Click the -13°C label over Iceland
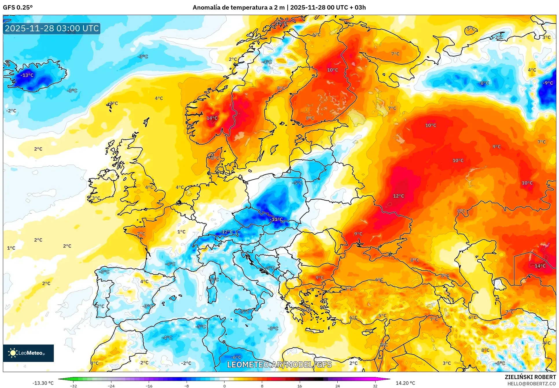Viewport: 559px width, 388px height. pyautogui.click(x=27, y=75)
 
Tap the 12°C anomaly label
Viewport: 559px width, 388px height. pyautogui.click(x=398, y=196)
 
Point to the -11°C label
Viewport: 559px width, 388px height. pyautogui.click(x=277, y=219)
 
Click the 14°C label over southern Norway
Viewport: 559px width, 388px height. pyautogui.click(x=212, y=118)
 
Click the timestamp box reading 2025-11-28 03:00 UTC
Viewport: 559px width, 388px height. pyautogui.click(x=52, y=28)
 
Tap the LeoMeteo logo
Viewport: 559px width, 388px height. pyautogui.click(x=28, y=353)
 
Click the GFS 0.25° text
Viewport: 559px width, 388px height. pyautogui.click(x=18, y=8)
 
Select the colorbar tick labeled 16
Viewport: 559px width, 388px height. pyautogui.click(x=299, y=386)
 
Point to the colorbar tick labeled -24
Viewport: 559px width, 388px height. pyautogui.click(x=111, y=386)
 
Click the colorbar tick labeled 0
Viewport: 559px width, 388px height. pyautogui.click(x=224, y=386)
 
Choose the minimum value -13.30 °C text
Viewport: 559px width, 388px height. pyautogui.click(x=43, y=383)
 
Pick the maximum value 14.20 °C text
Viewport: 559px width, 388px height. pyautogui.click(x=405, y=383)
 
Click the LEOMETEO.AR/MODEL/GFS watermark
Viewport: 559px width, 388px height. pyautogui.click(x=279, y=365)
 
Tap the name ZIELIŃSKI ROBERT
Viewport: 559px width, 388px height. pyautogui.click(x=530, y=377)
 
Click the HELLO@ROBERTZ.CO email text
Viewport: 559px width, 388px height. pyautogui.click(x=532, y=384)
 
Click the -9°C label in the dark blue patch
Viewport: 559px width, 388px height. pyautogui.click(x=548, y=83)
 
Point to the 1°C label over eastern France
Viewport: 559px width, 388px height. pyautogui.click(x=181, y=232)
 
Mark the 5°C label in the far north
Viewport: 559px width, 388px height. pyautogui.click(x=471, y=29)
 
